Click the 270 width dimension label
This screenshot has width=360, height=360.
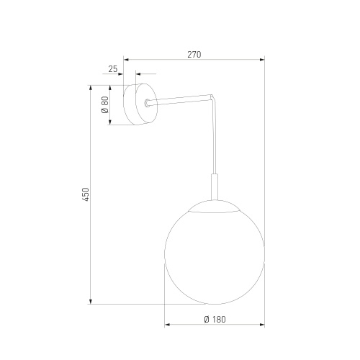click(x=194, y=54)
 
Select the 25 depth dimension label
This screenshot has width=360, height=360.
click(x=112, y=69)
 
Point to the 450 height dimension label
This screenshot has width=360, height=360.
click(x=85, y=194)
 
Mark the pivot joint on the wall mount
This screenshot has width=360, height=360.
click(x=148, y=103)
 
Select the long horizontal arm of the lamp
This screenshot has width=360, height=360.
click(x=180, y=99)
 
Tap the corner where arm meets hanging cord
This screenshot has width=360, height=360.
click(x=212, y=96)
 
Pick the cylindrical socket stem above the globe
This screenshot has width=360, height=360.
click(x=214, y=187)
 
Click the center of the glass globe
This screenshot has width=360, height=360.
click(x=214, y=252)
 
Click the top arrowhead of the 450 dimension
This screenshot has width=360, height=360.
click(x=91, y=87)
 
